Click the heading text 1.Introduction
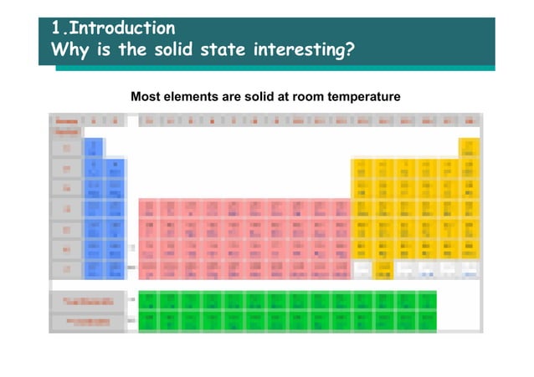pyautogui.click(x=113, y=29)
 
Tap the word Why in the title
pyautogui.click(x=69, y=52)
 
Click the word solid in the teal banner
pyautogui.click(x=170, y=52)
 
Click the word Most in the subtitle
pyautogui.click(x=145, y=98)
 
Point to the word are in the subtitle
pyautogui.click(x=231, y=98)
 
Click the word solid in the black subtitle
pyautogui.click(x=261, y=98)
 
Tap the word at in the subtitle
pyautogui.click(x=289, y=98)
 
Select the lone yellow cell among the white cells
pyautogui.click(x=383, y=268)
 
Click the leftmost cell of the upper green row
pyautogui.click(x=149, y=299)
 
